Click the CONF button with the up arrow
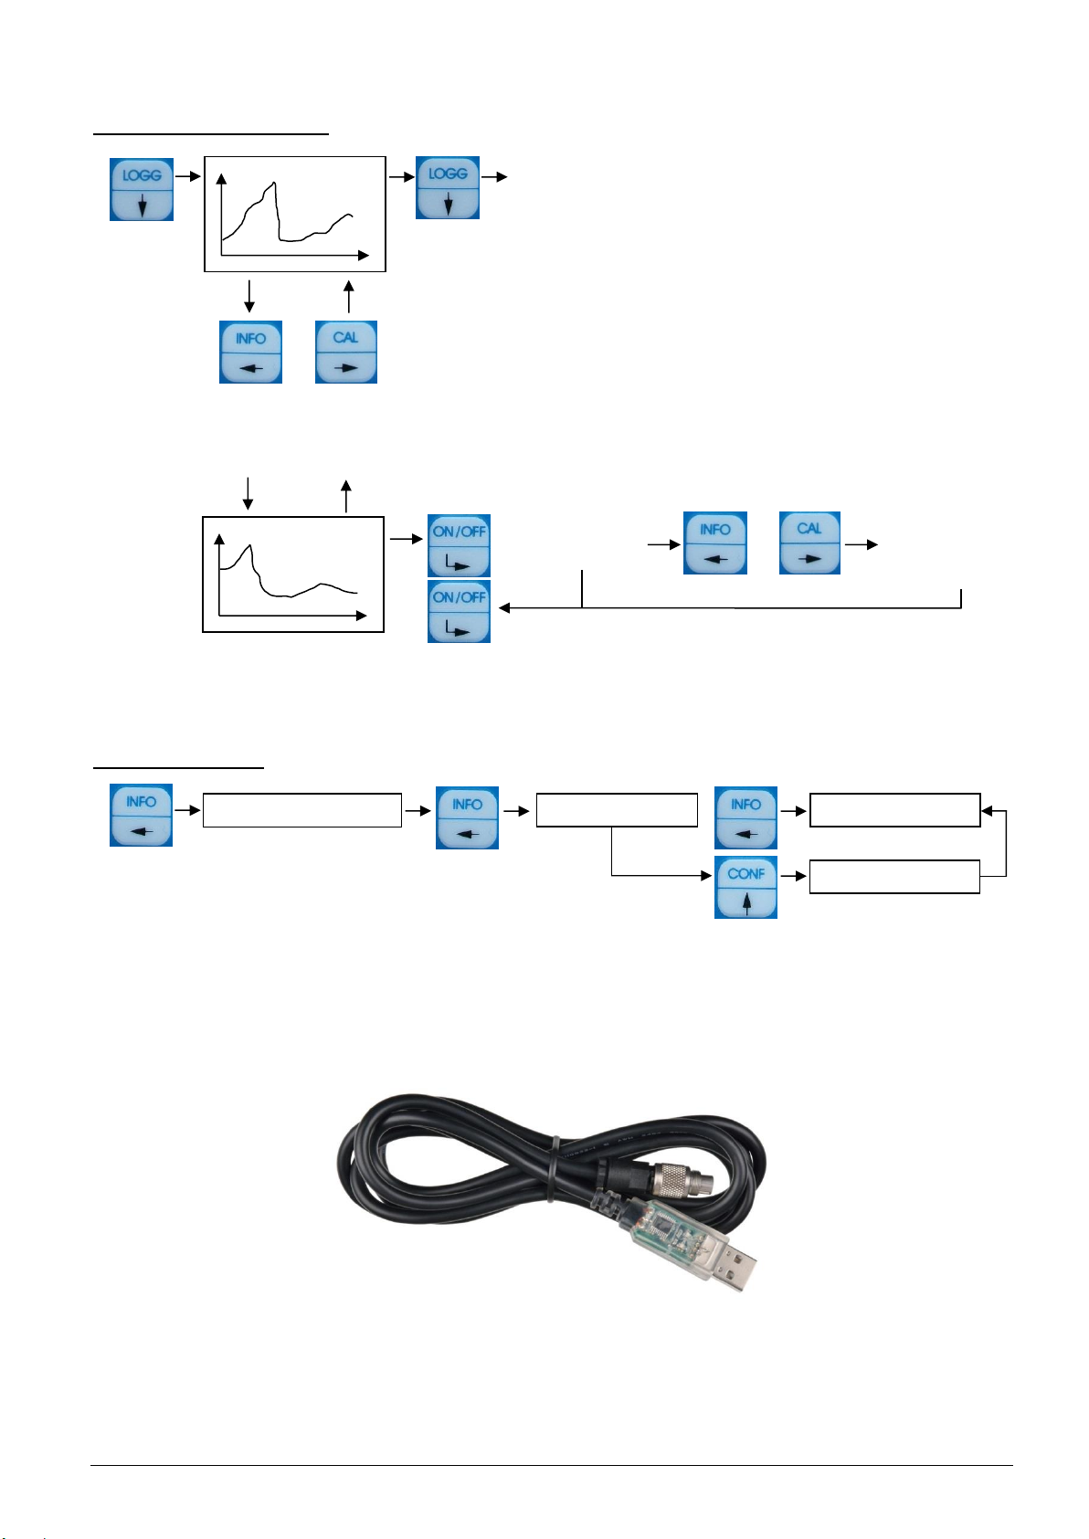(x=745, y=887)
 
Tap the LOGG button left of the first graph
(x=142, y=189)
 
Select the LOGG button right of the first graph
(x=448, y=187)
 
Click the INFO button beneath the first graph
(x=250, y=352)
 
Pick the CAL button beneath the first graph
(x=346, y=352)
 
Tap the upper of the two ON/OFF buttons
(x=459, y=546)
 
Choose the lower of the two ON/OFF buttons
(x=459, y=611)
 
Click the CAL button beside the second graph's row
(x=809, y=543)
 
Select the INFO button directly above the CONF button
(x=745, y=817)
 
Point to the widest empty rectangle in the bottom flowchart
(x=301, y=810)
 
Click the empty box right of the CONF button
(x=894, y=877)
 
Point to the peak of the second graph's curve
(x=248, y=545)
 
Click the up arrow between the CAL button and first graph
(x=348, y=296)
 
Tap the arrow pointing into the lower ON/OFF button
(x=507, y=607)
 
